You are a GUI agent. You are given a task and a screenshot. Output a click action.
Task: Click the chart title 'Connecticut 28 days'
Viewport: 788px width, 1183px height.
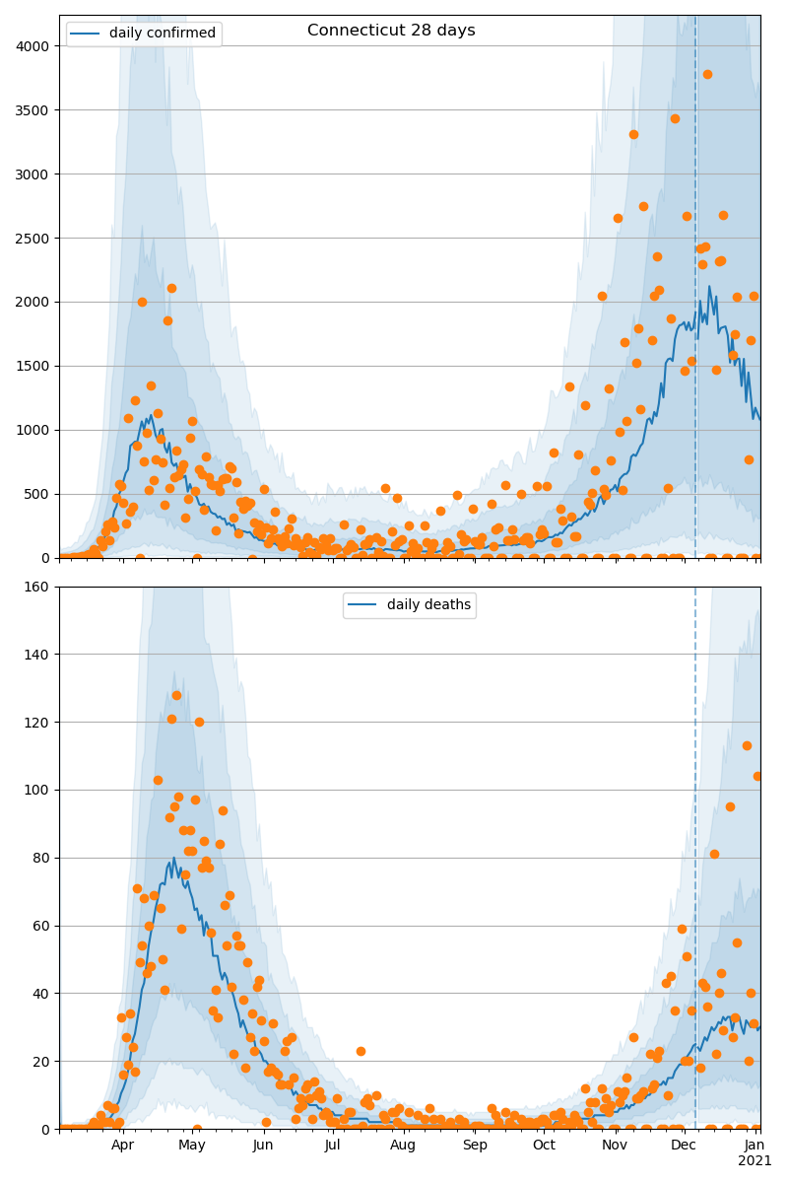tap(391, 31)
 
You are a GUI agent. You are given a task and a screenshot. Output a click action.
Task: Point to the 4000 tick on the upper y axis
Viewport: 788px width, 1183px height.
tap(35, 46)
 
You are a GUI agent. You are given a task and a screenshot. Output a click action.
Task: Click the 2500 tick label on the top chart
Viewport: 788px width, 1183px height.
tap(35, 239)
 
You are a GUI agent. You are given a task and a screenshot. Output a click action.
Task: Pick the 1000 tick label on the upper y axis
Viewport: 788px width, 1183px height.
tap(35, 431)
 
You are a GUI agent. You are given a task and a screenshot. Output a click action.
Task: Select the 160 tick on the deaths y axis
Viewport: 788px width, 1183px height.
tap(40, 587)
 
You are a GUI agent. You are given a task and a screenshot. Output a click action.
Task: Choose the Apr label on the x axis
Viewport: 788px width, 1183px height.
tap(122, 1146)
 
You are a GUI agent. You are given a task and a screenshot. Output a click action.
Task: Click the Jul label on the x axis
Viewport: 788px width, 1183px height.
tap(332, 1146)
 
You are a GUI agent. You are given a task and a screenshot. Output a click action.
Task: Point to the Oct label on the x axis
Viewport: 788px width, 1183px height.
tap(544, 1146)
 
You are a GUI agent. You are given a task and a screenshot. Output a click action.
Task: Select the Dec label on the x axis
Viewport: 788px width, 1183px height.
tap(684, 1146)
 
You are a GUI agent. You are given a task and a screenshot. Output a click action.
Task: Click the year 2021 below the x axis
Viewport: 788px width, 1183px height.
tap(755, 1161)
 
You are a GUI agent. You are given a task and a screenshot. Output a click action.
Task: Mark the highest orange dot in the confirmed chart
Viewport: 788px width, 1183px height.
tap(707, 74)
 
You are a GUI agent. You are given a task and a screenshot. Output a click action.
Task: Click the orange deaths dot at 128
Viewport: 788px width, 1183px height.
tap(176, 695)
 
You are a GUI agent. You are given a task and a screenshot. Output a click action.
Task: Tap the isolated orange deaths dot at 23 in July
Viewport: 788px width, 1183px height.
tap(361, 1051)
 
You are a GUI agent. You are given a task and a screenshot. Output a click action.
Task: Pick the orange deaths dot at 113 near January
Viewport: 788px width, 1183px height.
tap(747, 745)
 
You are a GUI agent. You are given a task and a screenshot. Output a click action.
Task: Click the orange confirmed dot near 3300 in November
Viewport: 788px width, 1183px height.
tap(633, 134)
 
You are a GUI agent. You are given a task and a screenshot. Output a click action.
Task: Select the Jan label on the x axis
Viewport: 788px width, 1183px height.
tap(755, 1146)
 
